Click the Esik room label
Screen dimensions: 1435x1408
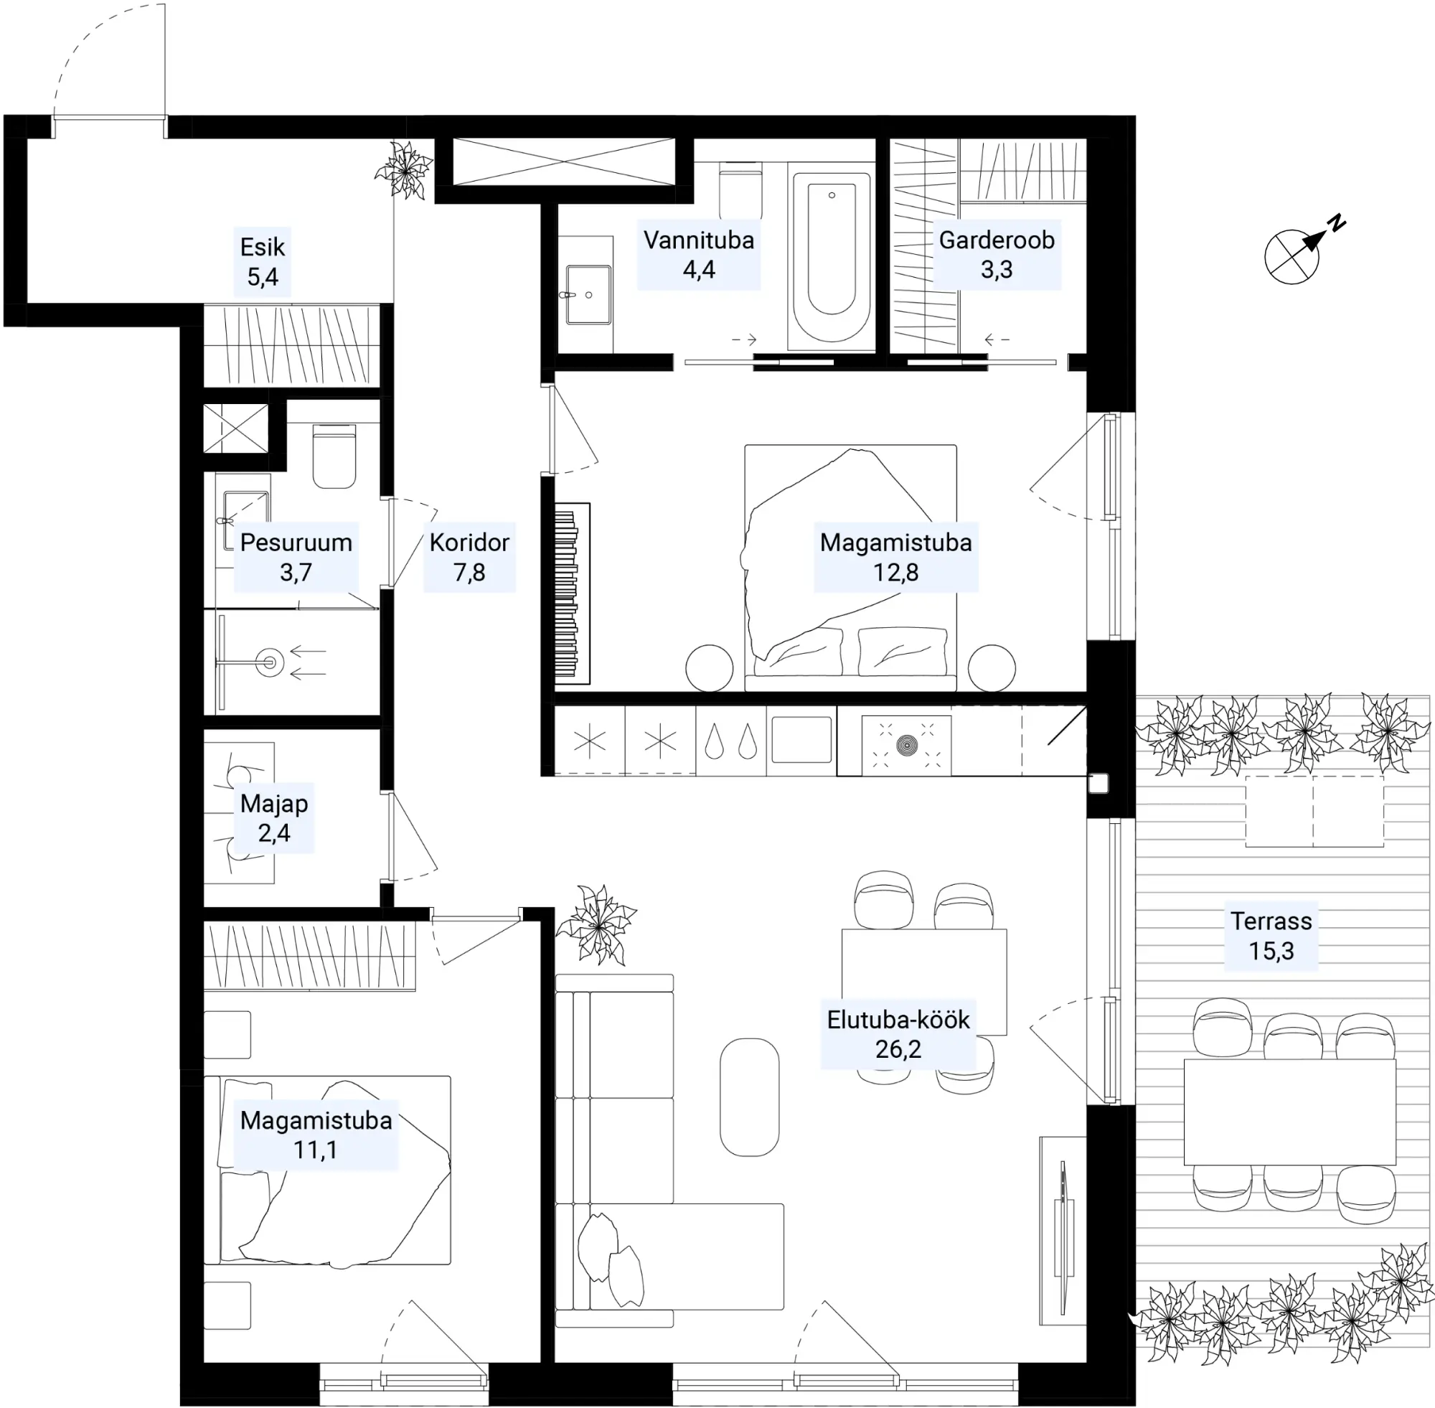pos(263,262)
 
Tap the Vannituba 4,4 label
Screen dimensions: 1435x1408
pos(699,254)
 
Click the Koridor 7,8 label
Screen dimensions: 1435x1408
pos(469,557)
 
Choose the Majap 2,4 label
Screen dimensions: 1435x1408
pos(274,818)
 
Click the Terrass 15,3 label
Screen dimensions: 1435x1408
pos(1271,936)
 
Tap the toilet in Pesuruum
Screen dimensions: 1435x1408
pos(334,456)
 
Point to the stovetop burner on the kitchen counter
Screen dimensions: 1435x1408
pos(906,745)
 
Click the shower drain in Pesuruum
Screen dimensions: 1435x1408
pos(269,662)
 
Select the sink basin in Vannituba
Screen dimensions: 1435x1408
pos(588,295)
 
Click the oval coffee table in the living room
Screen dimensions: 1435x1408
pos(750,1097)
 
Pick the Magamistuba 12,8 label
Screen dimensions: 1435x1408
pos(896,557)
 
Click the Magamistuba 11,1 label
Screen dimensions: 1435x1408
pos(316,1135)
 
